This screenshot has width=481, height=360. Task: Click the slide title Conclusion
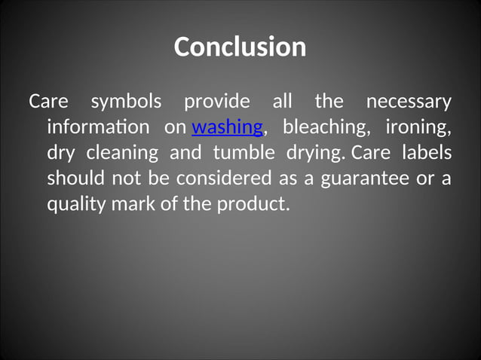pyautogui.click(x=240, y=47)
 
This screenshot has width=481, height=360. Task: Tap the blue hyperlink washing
pyautogui.click(x=228, y=127)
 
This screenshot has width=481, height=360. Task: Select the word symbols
pyautogui.click(x=126, y=101)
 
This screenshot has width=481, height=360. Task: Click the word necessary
pyautogui.click(x=408, y=101)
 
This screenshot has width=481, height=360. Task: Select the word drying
pyautogui.click(x=314, y=153)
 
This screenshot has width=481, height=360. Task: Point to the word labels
pyautogui.click(x=427, y=153)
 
